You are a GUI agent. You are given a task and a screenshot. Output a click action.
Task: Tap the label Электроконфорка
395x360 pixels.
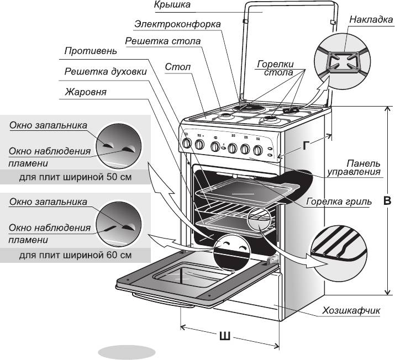[177, 25]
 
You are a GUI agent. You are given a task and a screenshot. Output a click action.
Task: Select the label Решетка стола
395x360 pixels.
[162, 42]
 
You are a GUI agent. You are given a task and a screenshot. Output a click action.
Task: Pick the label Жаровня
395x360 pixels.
[85, 91]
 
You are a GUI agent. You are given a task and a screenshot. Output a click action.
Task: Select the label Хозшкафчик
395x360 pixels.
[352, 310]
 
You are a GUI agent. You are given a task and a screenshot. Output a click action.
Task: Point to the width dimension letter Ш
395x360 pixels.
[225, 336]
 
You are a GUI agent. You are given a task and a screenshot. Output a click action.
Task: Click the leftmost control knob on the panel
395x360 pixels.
[187, 144]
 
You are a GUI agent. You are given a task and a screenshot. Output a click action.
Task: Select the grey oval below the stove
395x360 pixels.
[127, 352]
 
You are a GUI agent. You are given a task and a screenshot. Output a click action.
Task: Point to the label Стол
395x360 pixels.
[177, 67]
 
